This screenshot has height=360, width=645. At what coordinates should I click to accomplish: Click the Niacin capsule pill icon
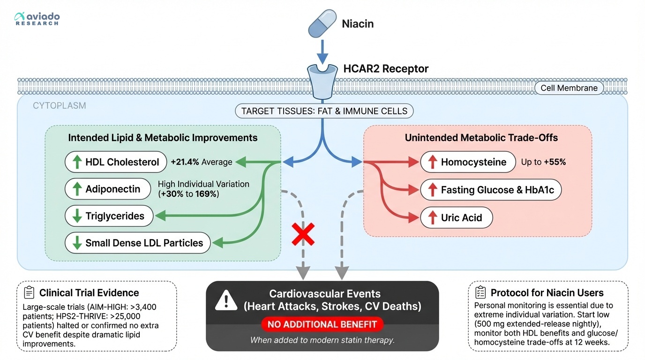[x=322, y=23]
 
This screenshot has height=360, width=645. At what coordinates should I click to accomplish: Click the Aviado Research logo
[x=37, y=18]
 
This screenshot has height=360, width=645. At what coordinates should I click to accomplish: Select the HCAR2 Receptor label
[x=386, y=69]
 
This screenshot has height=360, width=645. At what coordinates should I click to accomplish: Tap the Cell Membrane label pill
[x=569, y=88]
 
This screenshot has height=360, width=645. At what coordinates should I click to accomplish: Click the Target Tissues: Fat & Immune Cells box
[x=324, y=112]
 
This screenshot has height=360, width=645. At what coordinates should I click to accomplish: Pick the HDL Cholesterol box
[x=116, y=162]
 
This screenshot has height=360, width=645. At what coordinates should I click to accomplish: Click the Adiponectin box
[x=107, y=189]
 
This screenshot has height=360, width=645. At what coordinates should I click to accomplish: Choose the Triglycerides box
[x=109, y=216]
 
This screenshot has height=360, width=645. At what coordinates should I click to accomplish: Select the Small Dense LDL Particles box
[x=137, y=243]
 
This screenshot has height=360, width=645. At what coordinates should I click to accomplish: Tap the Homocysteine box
[x=468, y=162]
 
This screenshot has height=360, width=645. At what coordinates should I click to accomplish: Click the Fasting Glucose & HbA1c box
[x=490, y=190]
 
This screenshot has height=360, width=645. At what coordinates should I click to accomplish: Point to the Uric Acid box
[x=456, y=217]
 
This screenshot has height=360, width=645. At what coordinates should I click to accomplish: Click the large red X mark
[x=303, y=234]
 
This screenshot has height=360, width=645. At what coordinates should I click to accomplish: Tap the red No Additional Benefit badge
[x=322, y=324]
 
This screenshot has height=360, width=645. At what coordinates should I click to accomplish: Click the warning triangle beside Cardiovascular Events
[x=226, y=300]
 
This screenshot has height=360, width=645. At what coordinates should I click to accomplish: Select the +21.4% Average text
[x=202, y=162]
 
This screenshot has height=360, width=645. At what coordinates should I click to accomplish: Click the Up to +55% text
[x=543, y=162]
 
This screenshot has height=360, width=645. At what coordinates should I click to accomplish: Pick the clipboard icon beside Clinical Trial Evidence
[x=29, y=293]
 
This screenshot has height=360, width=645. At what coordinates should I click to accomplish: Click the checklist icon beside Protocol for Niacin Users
[x=480, y=293]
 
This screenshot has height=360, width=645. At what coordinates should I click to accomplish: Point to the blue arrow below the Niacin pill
[x=322, y=52]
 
